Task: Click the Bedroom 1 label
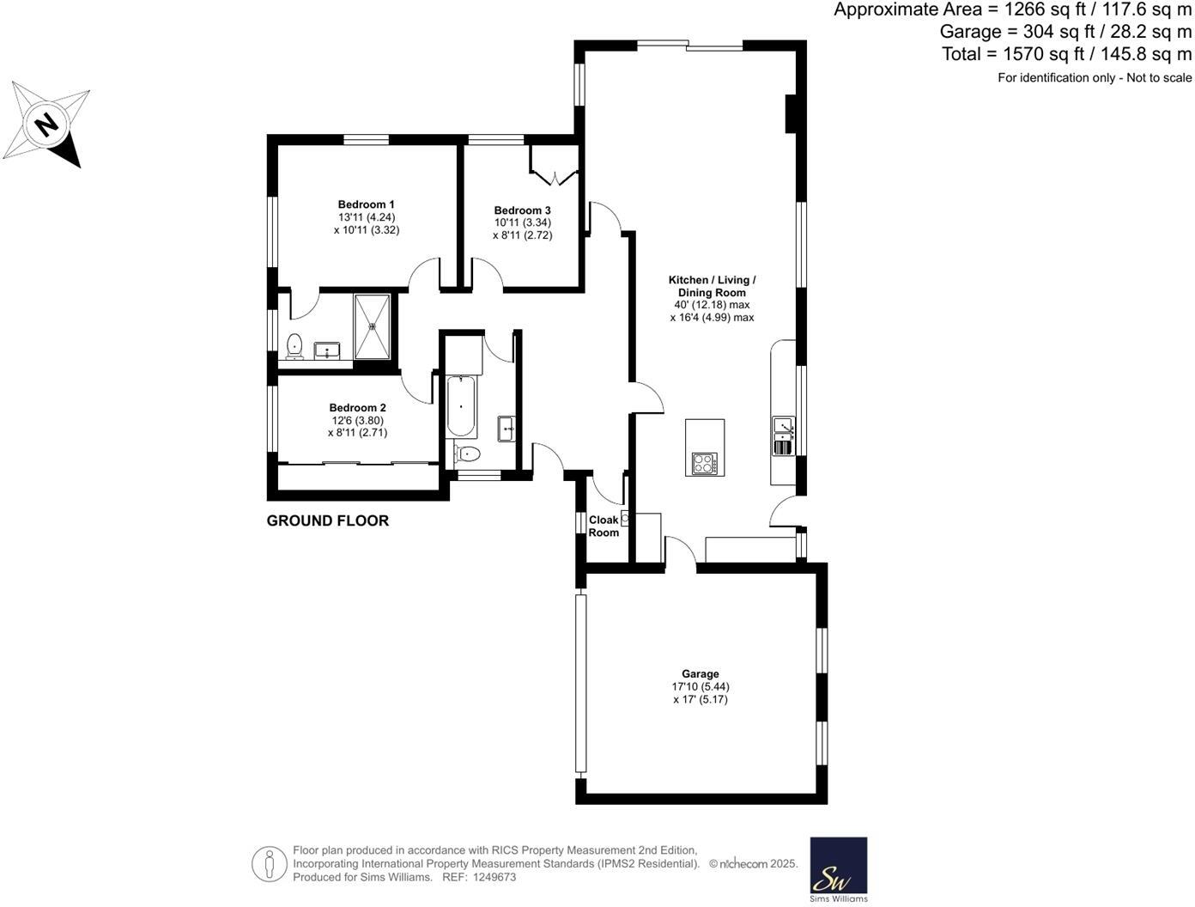click(x=366, y=204)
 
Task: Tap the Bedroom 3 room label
click(x=522, y=210)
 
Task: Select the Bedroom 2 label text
click(x=357, y=408)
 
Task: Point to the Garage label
click(x=701, y=674)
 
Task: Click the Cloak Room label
click(x=604, y=527)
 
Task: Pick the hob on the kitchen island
click(x=704, y=464)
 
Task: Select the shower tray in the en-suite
click(x=373, y=326)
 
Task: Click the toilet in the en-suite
click(x=294, y=345)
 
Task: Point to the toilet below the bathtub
click(x=469, y=453)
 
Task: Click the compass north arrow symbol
click(x=47, y=125)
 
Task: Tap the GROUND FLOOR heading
click(x=327, y=520)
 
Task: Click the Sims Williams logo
click(x=838, y=869)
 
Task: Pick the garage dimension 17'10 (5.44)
click(x=701, y=687)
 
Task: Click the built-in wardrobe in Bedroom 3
click(x=555, y=165)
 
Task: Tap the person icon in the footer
click(x=269, y=863)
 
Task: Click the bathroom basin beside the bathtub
click(x=506, y=428)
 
